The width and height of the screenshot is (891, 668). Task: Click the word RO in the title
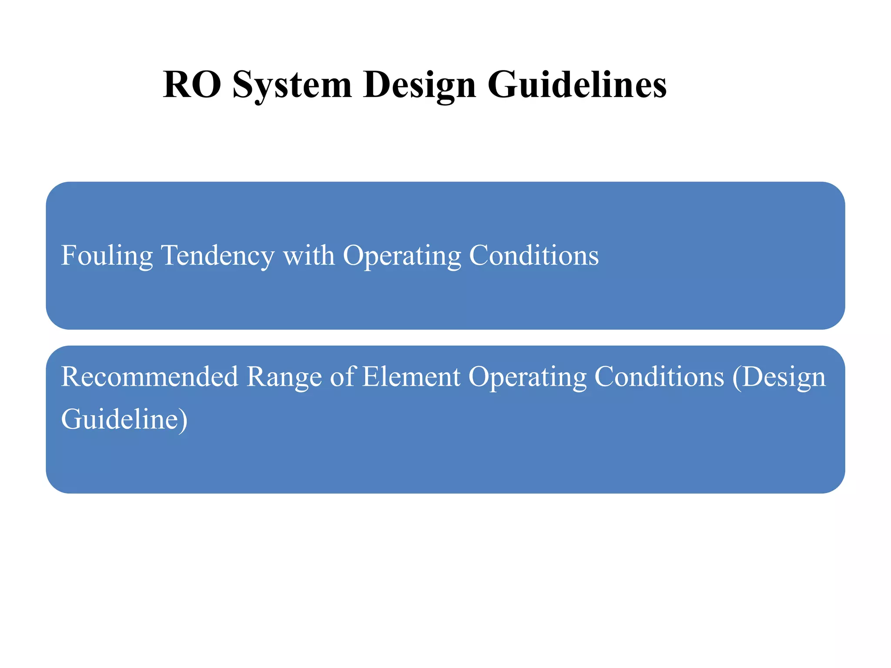pos(192,84)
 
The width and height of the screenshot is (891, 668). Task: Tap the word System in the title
pos(292,85)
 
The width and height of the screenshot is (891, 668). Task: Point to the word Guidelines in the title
pos(576,84)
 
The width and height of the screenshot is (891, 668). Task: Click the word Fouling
pos(107,256)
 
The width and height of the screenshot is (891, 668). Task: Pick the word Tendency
pos(218,256)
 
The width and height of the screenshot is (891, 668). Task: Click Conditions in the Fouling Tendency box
pos(534,255)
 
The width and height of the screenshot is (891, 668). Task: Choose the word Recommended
pos(150,376)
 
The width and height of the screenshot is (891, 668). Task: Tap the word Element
pos(411,376)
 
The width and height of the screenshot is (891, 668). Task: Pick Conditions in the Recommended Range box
pos(659,377)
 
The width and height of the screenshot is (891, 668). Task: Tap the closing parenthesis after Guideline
pos(183,420)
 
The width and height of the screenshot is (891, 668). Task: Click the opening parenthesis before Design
pos(737,377)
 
